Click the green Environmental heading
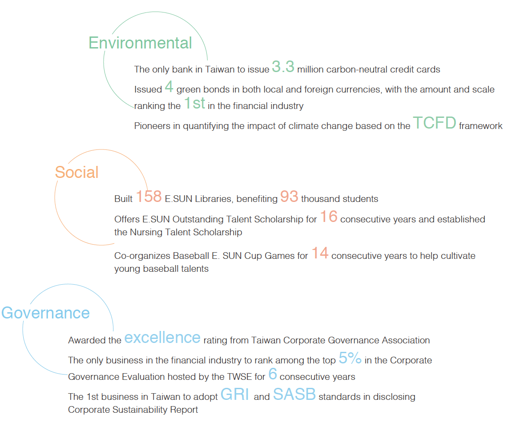(x=140, y=43)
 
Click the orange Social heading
(x=77, y=172)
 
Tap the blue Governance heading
(x=45, y=313)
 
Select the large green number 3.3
(x=283, y=67)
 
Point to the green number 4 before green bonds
(x=169, y=86)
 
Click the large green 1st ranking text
(x=194, y=103)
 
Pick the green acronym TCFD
(x=435, y=123)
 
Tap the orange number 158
(x=149, y=196)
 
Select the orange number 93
(x=289, y=196)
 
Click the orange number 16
(x=328, y=217)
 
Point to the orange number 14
(x=320, y=253)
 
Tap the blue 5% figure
(x=350, y=358)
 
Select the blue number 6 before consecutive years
(x=273, y=374)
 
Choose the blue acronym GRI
(x=235, y=395)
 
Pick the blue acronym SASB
(x=294, y=395)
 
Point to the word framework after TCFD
(x=481, y=126)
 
